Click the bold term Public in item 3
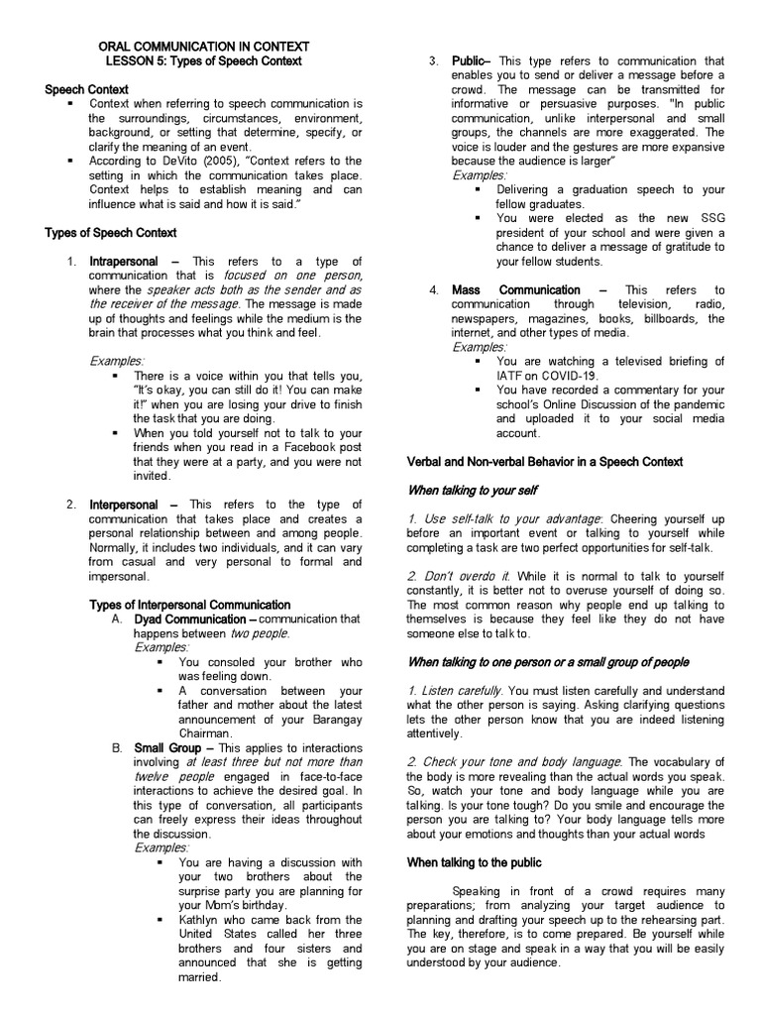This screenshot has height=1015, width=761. coord(467,61)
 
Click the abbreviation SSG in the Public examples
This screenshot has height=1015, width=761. coord(708,218)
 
